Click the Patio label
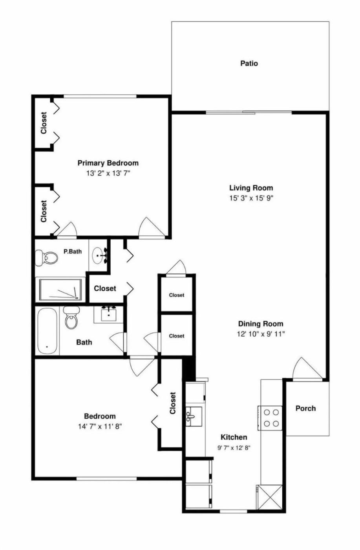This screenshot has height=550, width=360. click(249, 63)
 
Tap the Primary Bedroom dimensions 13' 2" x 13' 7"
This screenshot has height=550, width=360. click(108, 173)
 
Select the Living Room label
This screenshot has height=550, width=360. click(251, 188)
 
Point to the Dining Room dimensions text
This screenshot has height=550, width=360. click(261, 334)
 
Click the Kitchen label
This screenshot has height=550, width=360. click(234, 437)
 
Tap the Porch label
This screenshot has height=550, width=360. click(305, 408)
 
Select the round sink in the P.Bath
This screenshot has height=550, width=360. click(99, 256)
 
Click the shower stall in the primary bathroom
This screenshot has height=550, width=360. click(60, 290)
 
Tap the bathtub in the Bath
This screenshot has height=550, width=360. click(48, 331)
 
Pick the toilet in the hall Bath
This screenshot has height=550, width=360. click(71, 318)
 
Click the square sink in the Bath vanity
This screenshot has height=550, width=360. click(108, 315)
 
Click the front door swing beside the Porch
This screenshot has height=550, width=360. click(307, 368)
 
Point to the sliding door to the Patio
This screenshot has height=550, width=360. click(249, 113)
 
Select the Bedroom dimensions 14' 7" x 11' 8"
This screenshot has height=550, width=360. click(100, 427)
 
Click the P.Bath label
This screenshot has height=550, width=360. click(73, 251)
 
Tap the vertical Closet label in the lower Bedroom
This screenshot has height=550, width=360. click(173, 403)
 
